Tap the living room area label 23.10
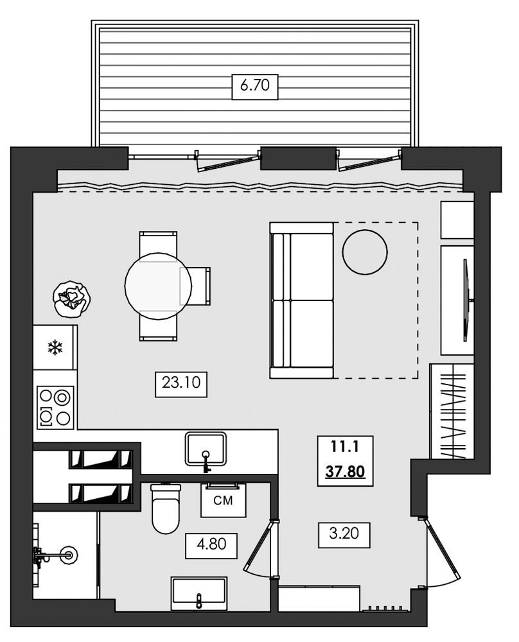click(x=182, y=383)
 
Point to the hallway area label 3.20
click(x=344, y=534)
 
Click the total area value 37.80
click(x=345, y=473)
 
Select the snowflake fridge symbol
click(x=55, y=348)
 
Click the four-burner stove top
click(x=55, y=407)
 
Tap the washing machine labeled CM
click(x=224, y=501)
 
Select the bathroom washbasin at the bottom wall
click(x=198, y=594)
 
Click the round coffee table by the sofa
click(x=365, y=252)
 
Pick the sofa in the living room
click(x=303, y=300)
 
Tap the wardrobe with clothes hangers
click(x=452, y=411)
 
